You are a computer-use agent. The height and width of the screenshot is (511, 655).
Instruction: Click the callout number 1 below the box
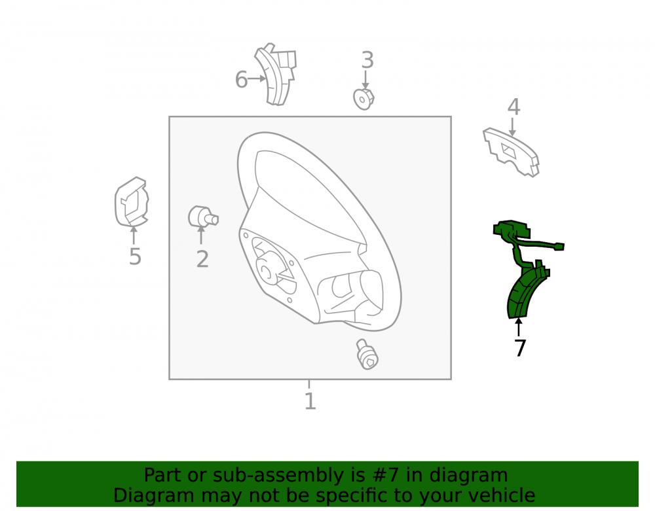pos(310,401)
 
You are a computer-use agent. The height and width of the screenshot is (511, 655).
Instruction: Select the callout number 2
pos(202,259)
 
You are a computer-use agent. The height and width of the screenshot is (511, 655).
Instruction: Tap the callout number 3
pos(367,60)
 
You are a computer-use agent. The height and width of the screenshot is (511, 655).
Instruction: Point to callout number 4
pos(514,107)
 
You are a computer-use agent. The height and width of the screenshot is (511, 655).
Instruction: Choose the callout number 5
pos(135,256)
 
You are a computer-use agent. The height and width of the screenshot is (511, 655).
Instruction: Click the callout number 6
pos(241,79)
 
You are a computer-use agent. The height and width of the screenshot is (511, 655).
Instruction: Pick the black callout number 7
pos(519,348)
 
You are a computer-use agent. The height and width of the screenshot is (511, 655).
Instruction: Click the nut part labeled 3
pos(364,99)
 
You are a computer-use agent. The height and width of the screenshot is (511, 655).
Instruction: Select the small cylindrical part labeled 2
pos(203,217)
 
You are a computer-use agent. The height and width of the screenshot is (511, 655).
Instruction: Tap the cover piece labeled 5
pos(132,202)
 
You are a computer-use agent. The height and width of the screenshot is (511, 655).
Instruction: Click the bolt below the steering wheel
pos(367,354)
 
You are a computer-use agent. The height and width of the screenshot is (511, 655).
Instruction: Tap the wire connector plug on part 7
pos(558,247)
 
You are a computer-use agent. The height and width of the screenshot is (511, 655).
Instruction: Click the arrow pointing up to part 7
pos(518,327)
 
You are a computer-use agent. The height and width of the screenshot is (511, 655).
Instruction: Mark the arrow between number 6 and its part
pos(257,78)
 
